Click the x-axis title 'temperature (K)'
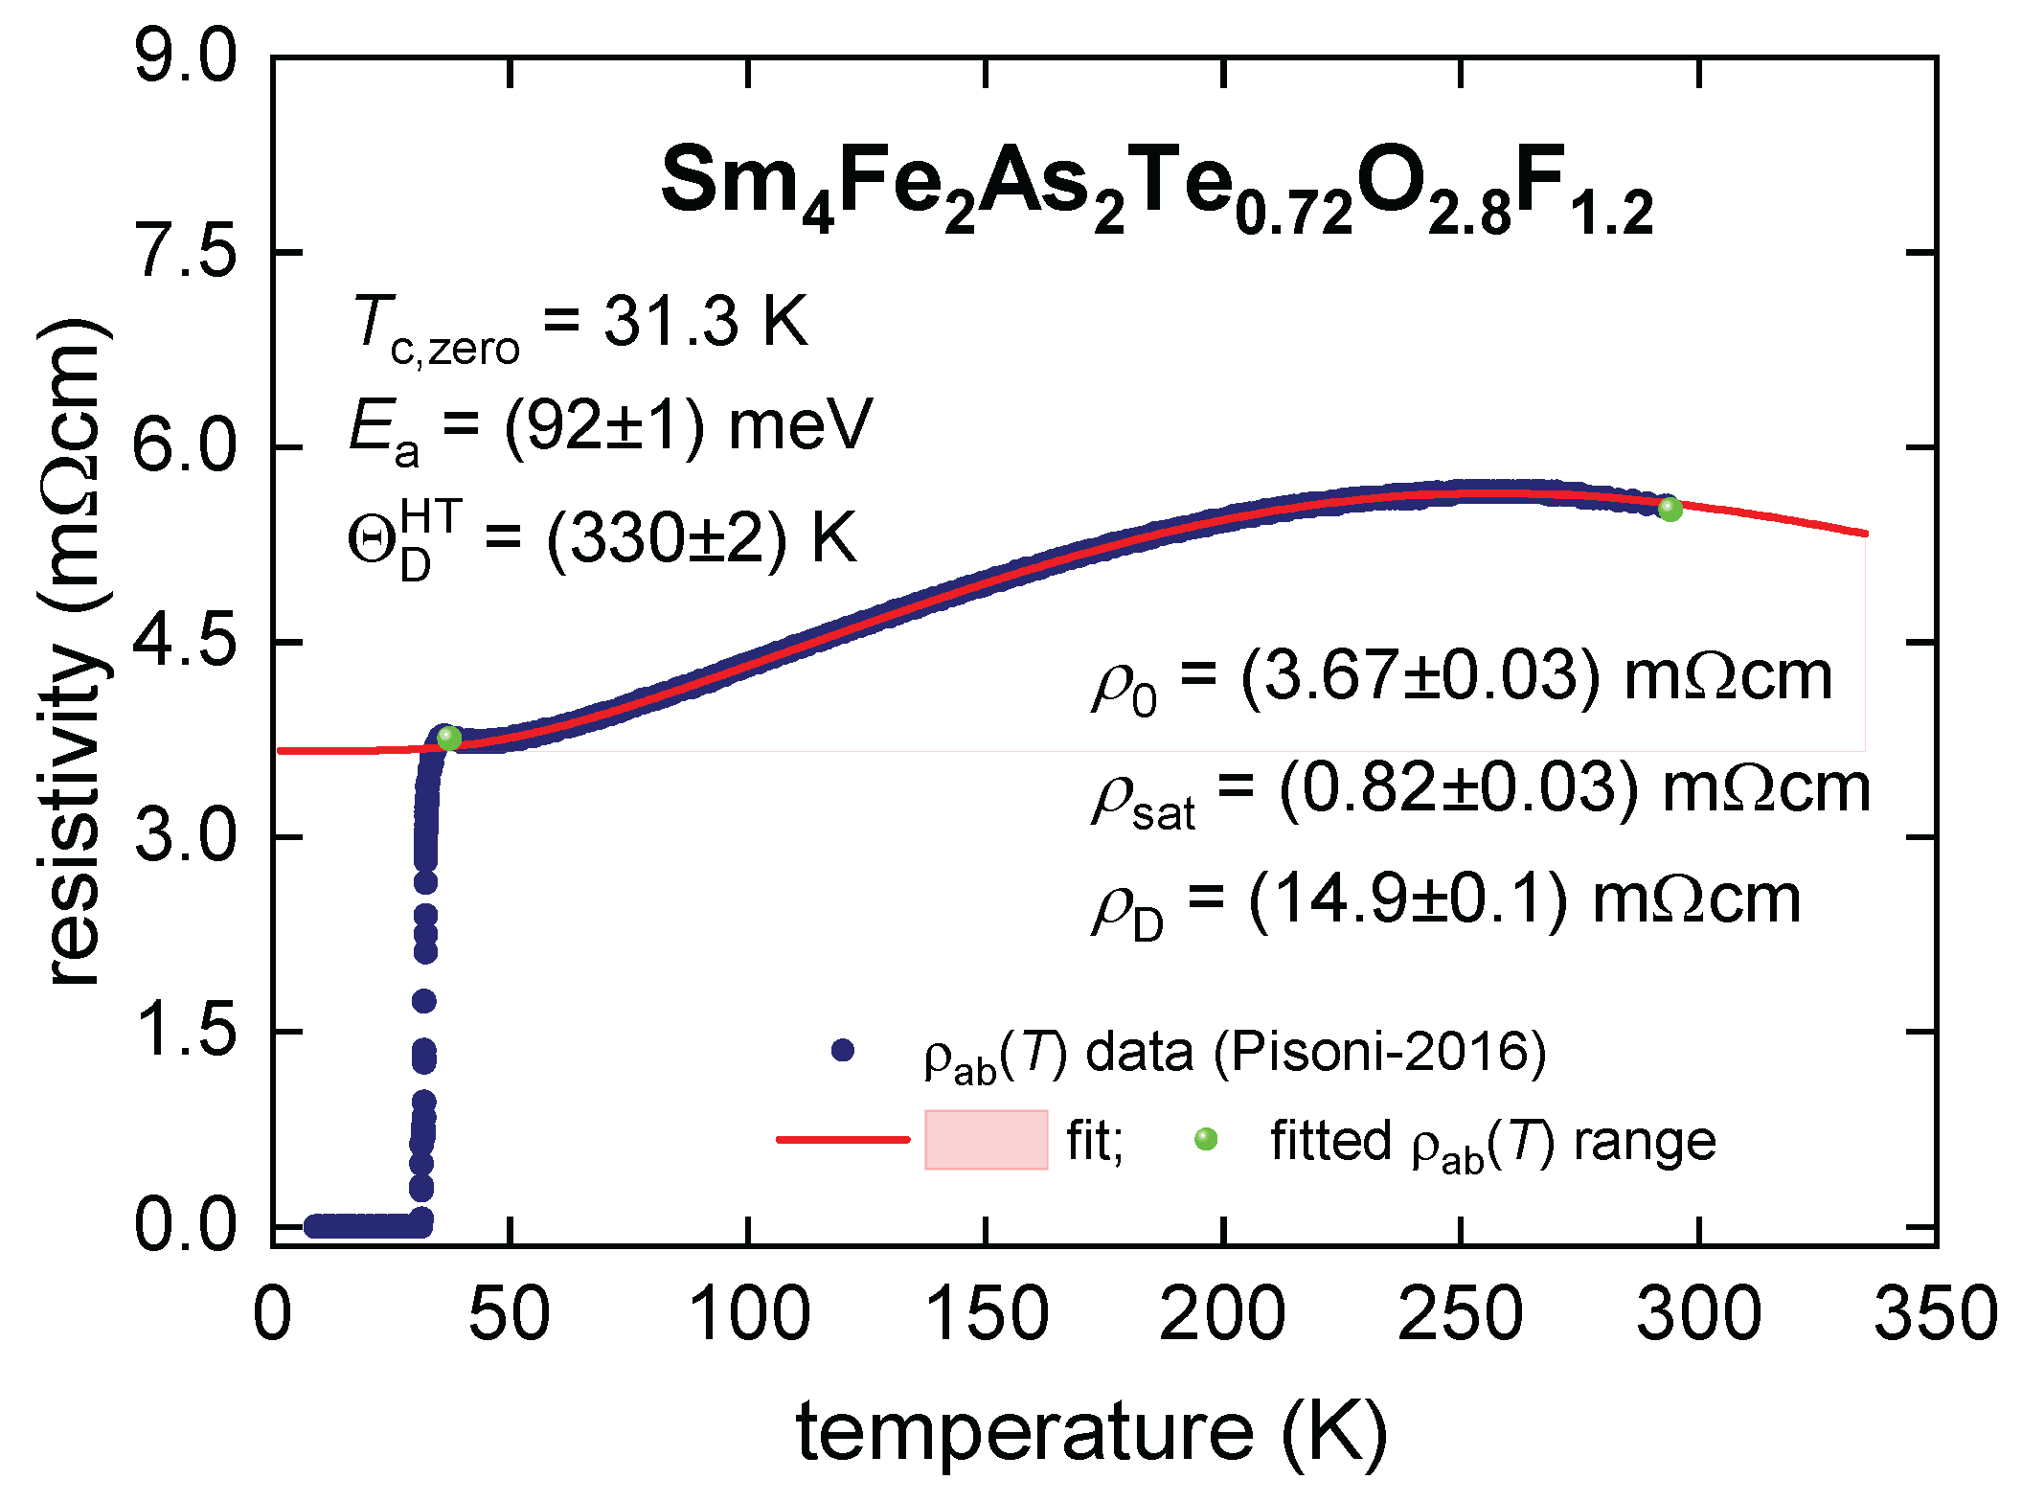tap(1092, 1434)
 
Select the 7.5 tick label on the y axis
tap(185, 253)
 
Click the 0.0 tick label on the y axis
tap(185, 1225)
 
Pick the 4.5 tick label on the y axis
tap(185, 642)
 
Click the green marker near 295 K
tap(1670, 509)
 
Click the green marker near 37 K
tap(449, 738)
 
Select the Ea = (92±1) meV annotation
tap(611, 429)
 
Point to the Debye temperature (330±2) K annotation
tap(602, 538)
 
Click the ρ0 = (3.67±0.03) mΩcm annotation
tap(1462, 681)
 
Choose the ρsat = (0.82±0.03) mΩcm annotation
tap(1481, 792)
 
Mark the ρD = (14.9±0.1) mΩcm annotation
tap(1446, 905)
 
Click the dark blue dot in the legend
tap(843, 1051)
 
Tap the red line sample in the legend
tap(843, 1139)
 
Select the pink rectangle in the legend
tap(987, 1139)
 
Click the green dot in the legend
tap(1206, 1139)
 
